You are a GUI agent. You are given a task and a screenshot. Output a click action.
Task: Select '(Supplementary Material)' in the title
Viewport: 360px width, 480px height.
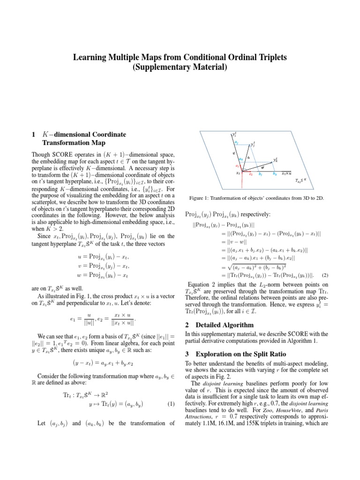coord(180,67)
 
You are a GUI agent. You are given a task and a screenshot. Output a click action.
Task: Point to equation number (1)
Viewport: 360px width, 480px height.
coord(171,404)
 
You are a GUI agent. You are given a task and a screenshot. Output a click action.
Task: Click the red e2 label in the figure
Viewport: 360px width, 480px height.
coord(251,175)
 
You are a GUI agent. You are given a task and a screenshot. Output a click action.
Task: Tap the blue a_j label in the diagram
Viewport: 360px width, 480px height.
coord(236,142)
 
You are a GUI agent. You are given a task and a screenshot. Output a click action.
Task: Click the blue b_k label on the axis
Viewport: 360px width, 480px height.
coord(275,175)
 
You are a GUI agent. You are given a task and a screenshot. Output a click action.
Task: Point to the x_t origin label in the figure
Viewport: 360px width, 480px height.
coord(238,173)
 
